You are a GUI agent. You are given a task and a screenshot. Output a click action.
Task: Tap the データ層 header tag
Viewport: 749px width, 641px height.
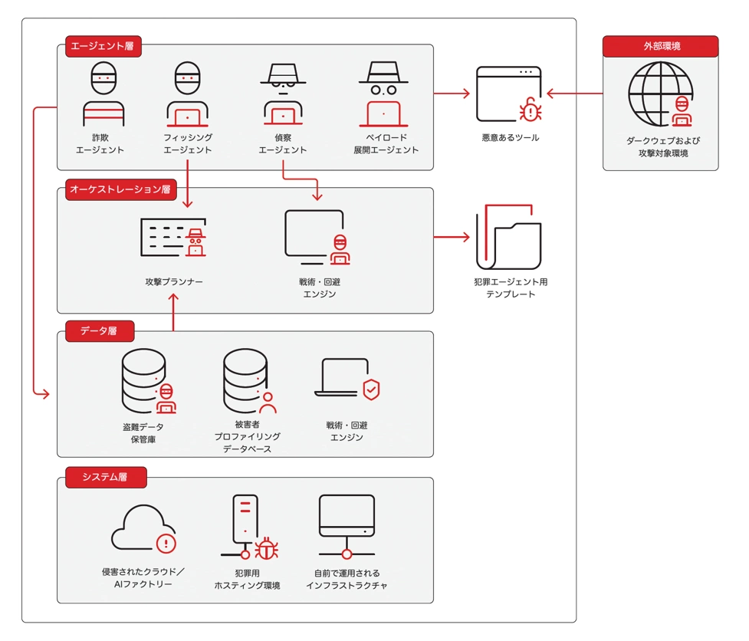[x=100, y=331]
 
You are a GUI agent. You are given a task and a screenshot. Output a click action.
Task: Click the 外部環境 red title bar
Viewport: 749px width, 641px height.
[x=661, y=46]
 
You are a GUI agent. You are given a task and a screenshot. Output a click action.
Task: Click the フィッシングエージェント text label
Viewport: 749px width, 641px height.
[x=188, y=143]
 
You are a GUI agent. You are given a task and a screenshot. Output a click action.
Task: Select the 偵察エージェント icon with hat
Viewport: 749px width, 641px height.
[x=283, y=94]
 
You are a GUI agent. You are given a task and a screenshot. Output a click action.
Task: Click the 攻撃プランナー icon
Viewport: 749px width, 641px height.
[x=174, y=237]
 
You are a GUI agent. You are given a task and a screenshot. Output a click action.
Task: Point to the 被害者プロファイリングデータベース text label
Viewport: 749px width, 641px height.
[x=247, y=436]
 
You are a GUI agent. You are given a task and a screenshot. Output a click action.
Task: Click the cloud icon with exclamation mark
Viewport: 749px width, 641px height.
[x=144, y=528]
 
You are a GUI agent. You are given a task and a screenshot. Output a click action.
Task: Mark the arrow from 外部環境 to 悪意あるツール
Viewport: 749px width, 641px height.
[x=574, y=94]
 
